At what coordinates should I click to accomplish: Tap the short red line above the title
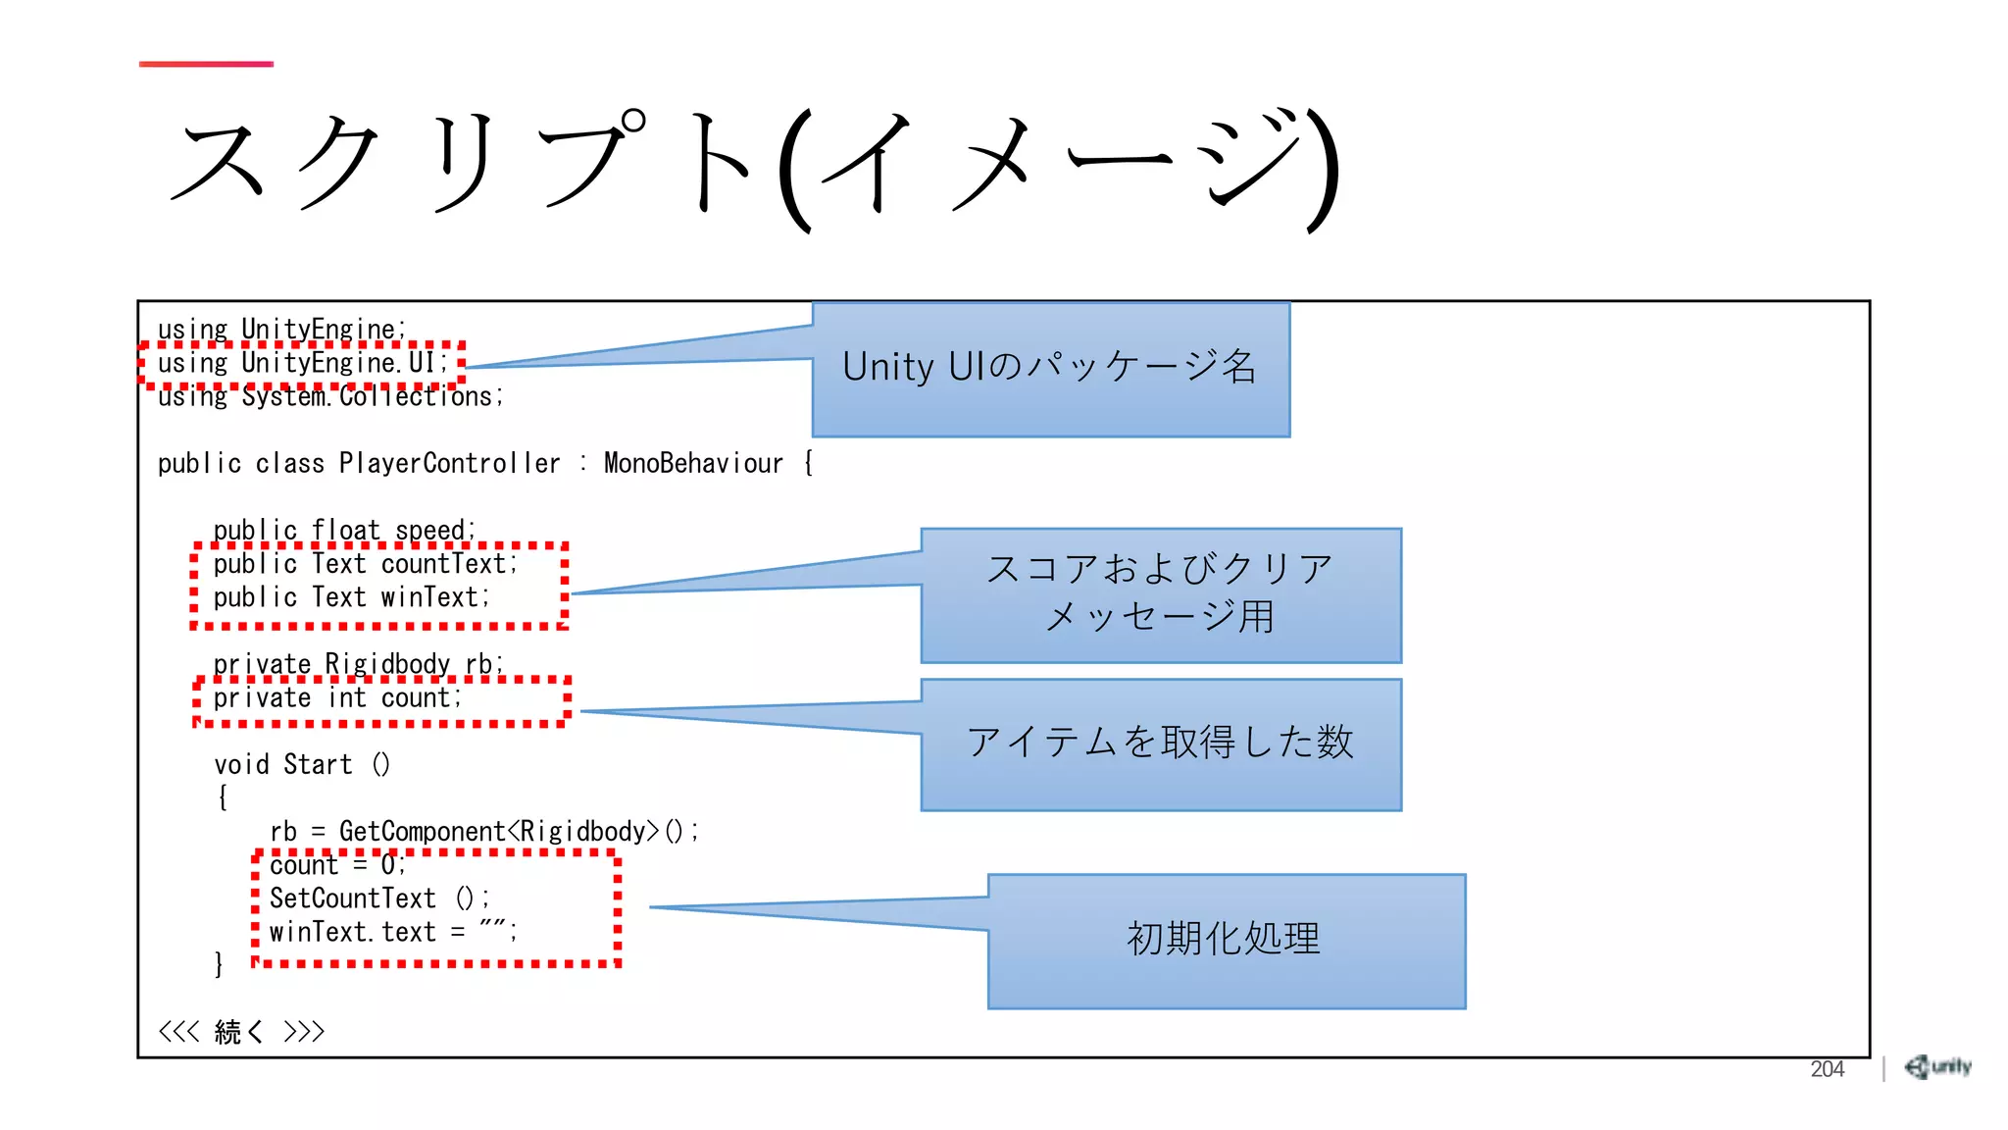click(x=206, y=64)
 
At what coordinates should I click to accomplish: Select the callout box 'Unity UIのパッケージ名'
click(x=1050, y=369)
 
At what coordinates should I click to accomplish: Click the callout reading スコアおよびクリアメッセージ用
click(x=1161, y=594)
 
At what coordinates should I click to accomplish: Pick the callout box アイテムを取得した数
click(x=1161, y=744)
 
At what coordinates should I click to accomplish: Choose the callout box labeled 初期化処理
click(x=1226, y=940)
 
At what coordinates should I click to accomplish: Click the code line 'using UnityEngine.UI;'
click(x=302, y=363)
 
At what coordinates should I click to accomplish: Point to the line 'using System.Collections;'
click(x=330, y=396)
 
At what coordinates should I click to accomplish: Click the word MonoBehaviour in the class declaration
click(x=693, y=463)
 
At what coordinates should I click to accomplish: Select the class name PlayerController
click(x=449, y=463)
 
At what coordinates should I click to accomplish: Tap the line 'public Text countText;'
click(x=365, y=564)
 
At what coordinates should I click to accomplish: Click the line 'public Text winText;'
click(x=351, y=597)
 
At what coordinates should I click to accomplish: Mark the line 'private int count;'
click(x=337, y=698)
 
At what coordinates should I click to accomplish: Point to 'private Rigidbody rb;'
click(x=358, y=664)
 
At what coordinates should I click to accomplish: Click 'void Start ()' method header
click(x=302, y=765)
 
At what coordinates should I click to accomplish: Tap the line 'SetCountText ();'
click(x=378, y=899)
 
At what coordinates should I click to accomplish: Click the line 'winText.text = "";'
click(x=392, y=932)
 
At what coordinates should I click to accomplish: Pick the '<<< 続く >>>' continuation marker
click(x=241, y=1032)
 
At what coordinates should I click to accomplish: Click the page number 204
click(x=1827, y=1069)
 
